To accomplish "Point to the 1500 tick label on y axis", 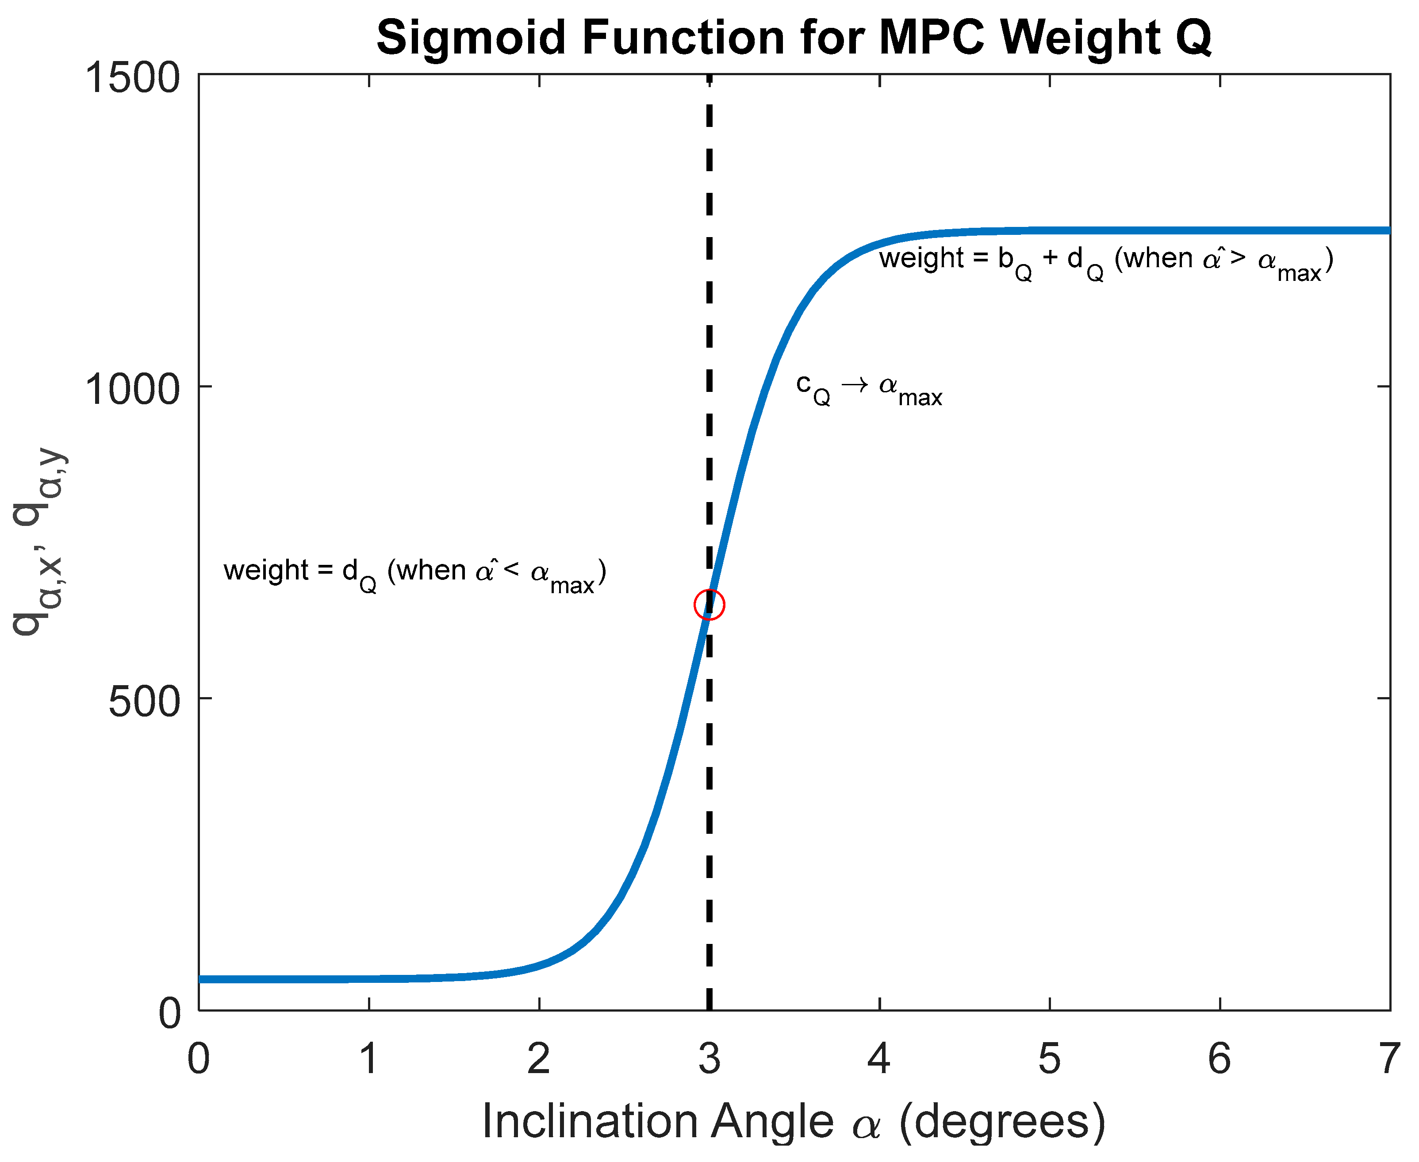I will [x=132, y=78].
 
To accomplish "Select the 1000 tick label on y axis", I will [x=132, y=389].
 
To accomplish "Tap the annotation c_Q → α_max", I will [x=869, y=390].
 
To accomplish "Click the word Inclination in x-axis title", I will [x=590, y=1121].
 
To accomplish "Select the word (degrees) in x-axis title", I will [x=1001, y=1121].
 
